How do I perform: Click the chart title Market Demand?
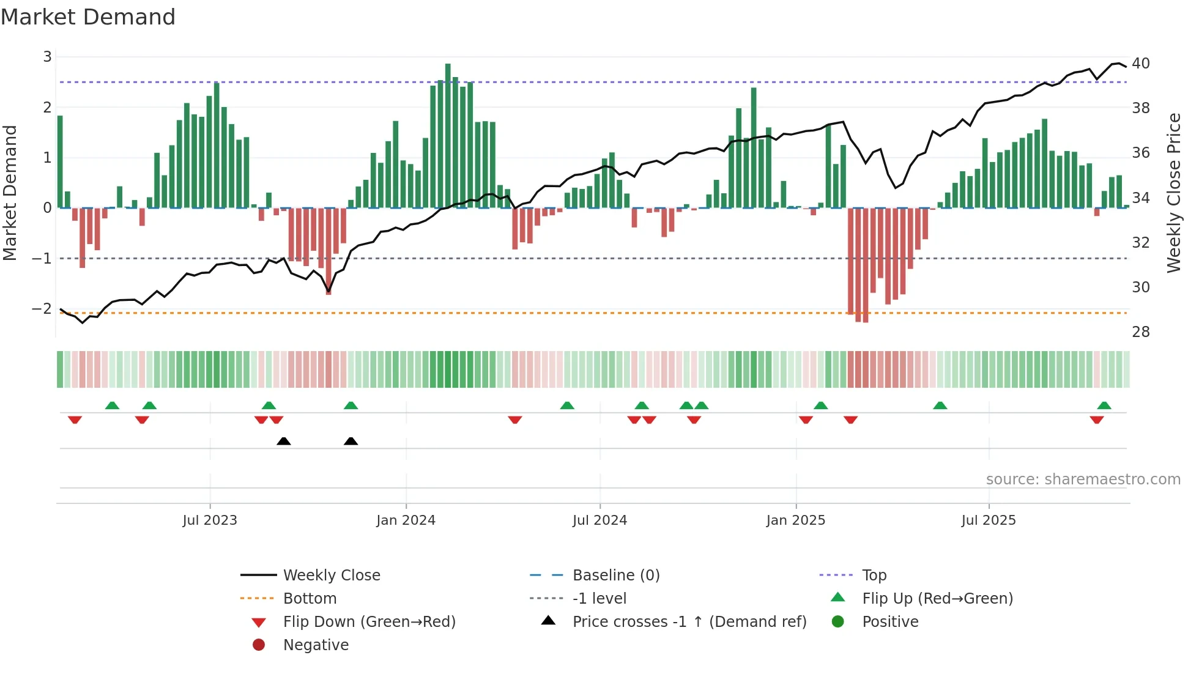[x=88, y=17]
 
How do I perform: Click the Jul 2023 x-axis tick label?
[x=210, y=520]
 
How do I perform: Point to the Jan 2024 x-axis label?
[x=406, y=520]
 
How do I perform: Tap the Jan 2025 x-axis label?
[x=795, y=520]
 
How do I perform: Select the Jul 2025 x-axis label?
[x=988, y=520]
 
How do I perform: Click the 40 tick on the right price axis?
[x=1140, y=64]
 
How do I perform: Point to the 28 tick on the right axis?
[x=1140, y=332]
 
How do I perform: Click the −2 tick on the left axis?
[x=42, y=309]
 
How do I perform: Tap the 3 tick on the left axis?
[x=47, y=57]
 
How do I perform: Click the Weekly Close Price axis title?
[x=1173, y=193]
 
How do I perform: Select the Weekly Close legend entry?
[x=331, y=576]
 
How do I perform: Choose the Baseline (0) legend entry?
[x=615, y=576]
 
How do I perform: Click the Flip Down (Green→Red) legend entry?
[x=369, y=622]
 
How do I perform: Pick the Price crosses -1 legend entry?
[x=689, y=622]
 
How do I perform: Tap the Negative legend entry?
[x=316, y=645]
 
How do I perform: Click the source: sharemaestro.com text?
[x=1083, y=480]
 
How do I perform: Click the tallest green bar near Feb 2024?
[x=448, y=135]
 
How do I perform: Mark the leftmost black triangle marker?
[x=283, y=442]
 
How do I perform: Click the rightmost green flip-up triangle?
[x=1104, y=406]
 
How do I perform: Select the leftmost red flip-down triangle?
[x=75, y=420]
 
